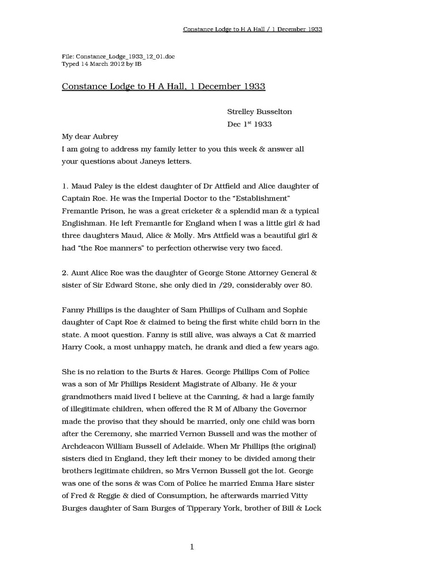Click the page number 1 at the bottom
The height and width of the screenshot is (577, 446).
point(192,547)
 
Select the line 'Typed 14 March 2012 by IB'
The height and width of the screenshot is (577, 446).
point(102,64)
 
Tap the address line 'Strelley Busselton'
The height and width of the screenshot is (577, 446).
point(259,111)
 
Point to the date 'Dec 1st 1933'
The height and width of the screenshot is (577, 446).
point(250,124)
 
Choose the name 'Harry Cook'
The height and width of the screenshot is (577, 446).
point(81,347)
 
